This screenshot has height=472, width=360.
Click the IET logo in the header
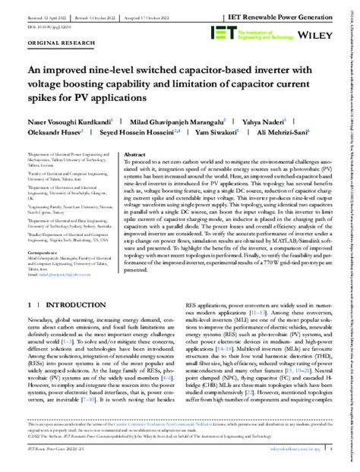[226, 32]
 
